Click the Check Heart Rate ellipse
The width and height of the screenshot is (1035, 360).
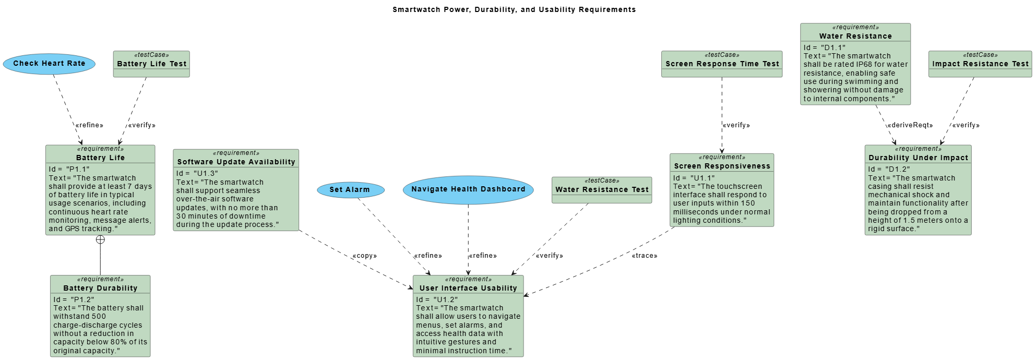click(49, 64)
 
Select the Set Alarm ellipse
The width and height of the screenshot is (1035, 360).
click(350, 190)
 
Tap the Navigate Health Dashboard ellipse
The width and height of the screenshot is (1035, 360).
click(468, 189)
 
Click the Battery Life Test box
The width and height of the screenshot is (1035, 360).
click(151, 64)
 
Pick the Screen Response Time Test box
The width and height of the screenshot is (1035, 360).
click(722, 64)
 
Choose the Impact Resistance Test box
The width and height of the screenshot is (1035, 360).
click(980, 64)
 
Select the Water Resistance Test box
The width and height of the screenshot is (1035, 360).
click(602, 190)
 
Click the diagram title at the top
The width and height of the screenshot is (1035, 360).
click(514, 9)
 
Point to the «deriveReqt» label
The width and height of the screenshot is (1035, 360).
click(910, 125)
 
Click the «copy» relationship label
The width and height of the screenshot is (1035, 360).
click(364, 256)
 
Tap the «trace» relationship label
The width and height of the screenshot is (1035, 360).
click(645, 256)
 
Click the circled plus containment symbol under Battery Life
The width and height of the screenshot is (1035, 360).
click(100, 239)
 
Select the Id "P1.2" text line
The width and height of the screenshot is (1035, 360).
click(74, 299)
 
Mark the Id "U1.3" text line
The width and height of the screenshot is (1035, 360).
click(197, 173)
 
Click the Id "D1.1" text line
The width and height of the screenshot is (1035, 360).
click(824, 47)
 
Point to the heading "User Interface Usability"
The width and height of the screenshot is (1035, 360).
click(468, 288)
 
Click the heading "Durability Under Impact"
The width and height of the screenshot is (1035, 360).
click(918, 158)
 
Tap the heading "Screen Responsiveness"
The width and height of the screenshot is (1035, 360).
click(722, 166)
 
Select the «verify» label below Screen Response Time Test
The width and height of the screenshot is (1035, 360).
click(736, 125)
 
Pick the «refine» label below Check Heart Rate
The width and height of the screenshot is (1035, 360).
click(89, 125)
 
